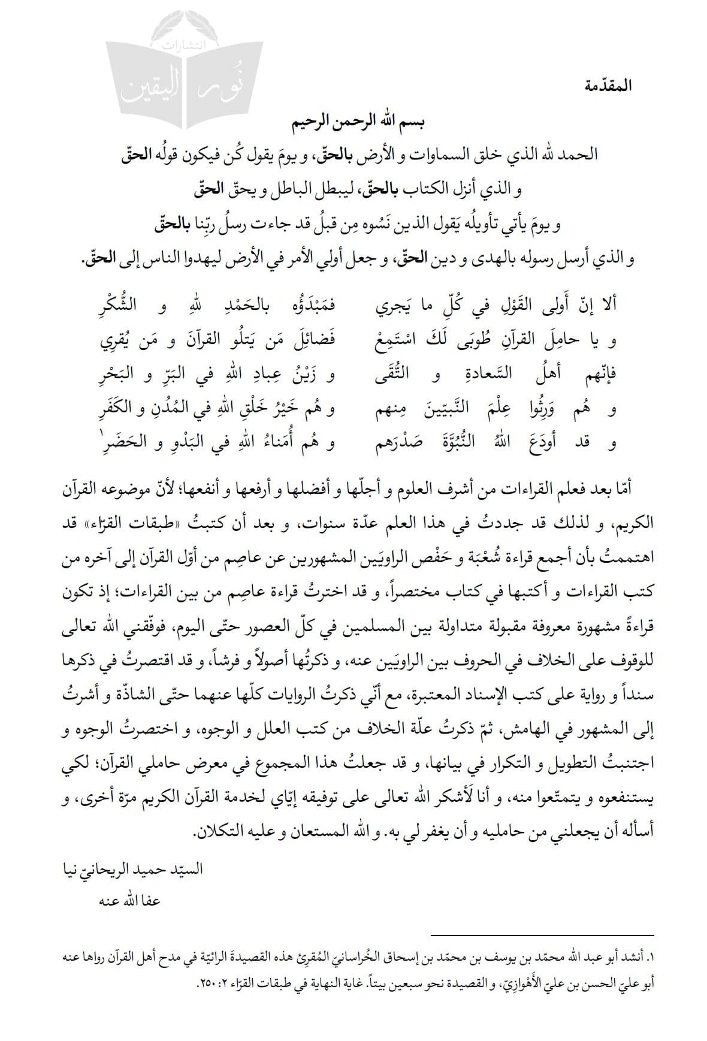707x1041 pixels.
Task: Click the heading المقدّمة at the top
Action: tap(606, 86)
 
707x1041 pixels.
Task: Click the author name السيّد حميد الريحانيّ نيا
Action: tap(132, 868)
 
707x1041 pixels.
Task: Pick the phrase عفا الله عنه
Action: tap(127, 901)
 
